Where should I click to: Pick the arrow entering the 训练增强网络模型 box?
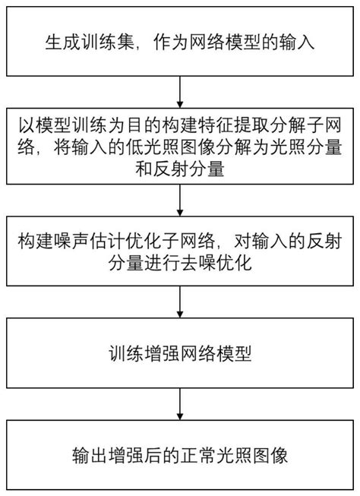click(179, 304)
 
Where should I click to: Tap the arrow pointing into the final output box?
click(179, 408)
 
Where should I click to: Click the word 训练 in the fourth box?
click(122, 353)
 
